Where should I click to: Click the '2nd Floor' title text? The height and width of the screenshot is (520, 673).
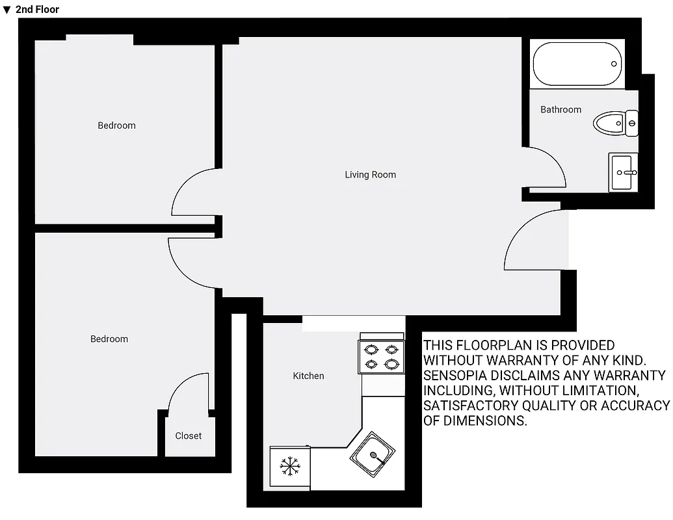click(x=37, y=9)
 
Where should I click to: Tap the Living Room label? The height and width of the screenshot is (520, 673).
click(x=370, y=174)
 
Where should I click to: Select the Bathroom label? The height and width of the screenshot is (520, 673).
click(x=561, y=109)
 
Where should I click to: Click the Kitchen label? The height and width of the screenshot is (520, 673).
click(x=308, y=376)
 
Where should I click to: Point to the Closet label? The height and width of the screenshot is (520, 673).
click(x=188, y=435)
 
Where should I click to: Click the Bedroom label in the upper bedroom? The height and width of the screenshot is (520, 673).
click(x=116, y=125)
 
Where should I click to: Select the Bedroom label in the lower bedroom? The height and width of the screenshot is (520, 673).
click(x=109, y=339)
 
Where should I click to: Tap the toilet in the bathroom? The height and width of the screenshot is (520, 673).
click(x=615, y=123)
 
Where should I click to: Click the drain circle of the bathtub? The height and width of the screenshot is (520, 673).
click(x=614, y=64)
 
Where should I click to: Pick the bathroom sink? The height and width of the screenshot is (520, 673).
click(x=623, y=172)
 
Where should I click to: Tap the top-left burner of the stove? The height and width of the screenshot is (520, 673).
click(x=371, y=349)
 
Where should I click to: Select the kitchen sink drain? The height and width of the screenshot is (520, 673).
click(x=374, y=455)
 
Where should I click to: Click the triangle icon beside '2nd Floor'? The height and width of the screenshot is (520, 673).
click(x=7, y=9)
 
